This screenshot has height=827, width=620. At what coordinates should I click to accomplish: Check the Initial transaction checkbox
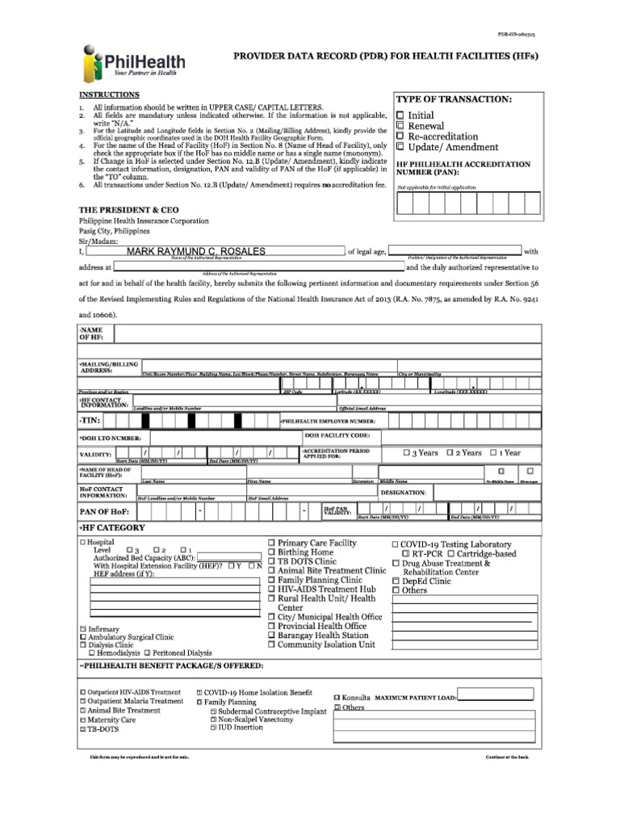point(401,116)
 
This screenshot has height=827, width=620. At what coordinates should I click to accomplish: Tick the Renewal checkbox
point(401,127)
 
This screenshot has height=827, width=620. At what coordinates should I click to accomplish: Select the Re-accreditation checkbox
point(401,137)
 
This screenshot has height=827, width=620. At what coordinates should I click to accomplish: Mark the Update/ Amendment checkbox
point(401,148)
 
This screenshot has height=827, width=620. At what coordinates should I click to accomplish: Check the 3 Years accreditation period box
point(407,453)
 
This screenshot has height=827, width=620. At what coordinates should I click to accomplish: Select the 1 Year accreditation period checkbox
point(495,453)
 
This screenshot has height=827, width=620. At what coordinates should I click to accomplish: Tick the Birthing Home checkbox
point(272,552)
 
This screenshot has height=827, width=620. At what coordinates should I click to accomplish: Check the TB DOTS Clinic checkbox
point(272,561)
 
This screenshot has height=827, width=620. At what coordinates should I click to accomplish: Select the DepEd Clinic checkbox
point(396,581)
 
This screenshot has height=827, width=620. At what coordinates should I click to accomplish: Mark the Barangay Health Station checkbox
point(272,636)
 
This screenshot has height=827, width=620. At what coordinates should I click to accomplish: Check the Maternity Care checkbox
point(82,720)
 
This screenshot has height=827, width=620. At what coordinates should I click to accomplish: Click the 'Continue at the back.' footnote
point(507,757)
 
